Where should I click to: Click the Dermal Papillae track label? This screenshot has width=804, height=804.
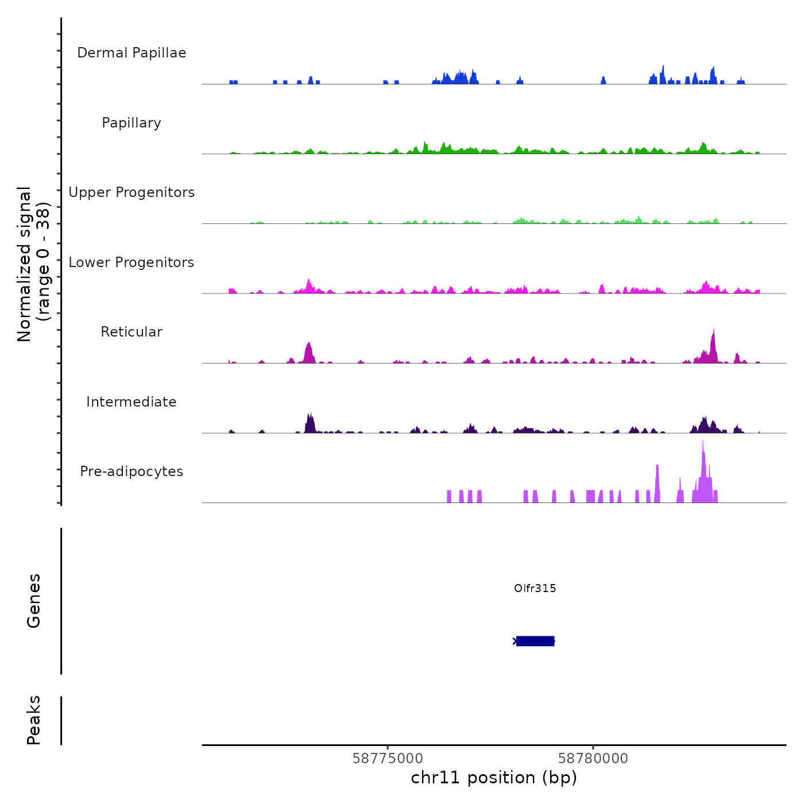(x=132, y=53)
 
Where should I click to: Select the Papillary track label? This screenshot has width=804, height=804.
(x=132, y=123)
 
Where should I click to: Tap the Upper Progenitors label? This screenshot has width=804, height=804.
(x=132, y=192)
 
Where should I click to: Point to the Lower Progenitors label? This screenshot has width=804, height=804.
(x=132, y=262)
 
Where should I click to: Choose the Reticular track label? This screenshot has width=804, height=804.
(x=132, y=332)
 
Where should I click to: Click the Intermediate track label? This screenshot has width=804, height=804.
(x=132, y=402)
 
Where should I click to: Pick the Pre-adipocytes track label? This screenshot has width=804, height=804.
(x=132, y=471)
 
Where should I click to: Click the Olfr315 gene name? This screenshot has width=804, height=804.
(x=535, y=588)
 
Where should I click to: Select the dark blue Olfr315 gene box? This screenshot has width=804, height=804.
(x=535, y=641)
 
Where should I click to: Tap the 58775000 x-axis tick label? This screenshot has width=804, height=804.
(x=387, y=758)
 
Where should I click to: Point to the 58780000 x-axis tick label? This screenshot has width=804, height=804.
(x=593, y=758)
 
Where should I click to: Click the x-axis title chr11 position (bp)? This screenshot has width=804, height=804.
(x=494, y=778)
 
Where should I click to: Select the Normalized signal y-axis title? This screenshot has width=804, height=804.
(x=33, y=264)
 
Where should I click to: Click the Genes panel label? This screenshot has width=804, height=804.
(x=34, y=601)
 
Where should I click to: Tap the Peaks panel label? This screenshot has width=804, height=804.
(x=34, y=720)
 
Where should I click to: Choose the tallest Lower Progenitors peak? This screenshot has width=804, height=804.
(x=309, y=281)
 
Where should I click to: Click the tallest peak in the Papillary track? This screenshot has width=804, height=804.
(x=425, y=143)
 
